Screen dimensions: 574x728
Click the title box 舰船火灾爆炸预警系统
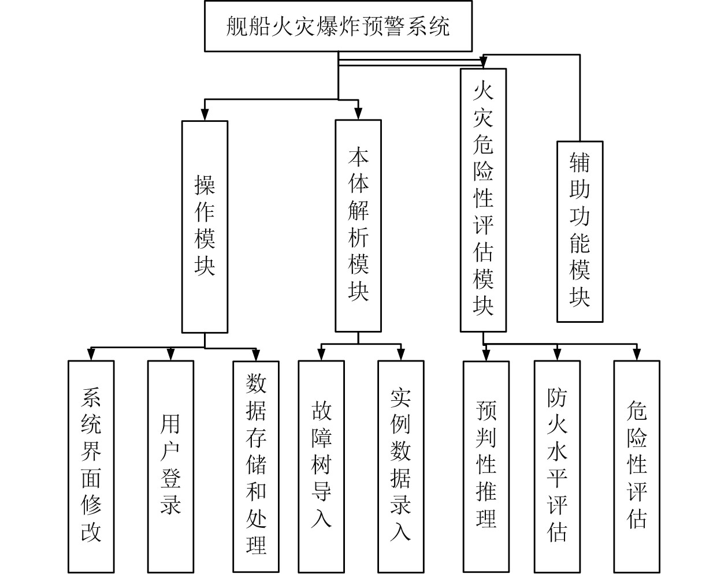338,26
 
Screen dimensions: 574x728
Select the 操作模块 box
205,226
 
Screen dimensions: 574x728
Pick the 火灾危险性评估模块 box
483,200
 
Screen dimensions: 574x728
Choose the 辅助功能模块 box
580,231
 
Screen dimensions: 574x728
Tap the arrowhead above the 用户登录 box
170,355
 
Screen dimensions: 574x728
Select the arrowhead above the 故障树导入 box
321,355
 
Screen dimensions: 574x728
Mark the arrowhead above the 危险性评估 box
636,355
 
